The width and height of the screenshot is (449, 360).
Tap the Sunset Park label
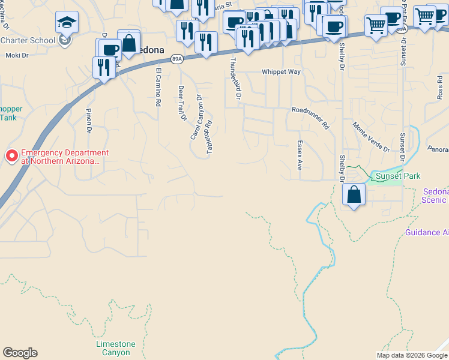[x=398, y=176]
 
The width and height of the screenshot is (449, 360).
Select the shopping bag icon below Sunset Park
[x=354, y=194]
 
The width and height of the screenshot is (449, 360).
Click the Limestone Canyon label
[x=116, y=348]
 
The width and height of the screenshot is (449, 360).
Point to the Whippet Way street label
[x=280, y=72]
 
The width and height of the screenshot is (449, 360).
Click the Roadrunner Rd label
[x=311, y=118]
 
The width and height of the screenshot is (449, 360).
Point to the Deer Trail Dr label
[x=182, y=103]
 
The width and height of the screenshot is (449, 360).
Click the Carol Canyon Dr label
[x=196, y=117]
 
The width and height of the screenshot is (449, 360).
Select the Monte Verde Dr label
[x=371, y=137]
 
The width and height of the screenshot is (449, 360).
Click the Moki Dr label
[x=17, y=55]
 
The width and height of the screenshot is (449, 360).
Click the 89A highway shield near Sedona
[x=176, y=59]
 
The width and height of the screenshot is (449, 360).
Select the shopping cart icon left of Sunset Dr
[x=376, y=26]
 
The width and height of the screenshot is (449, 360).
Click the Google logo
[x=20, y=353]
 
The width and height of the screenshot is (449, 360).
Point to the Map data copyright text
[x=412, y=355]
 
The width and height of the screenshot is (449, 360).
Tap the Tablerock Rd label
[x=209, y=136]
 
